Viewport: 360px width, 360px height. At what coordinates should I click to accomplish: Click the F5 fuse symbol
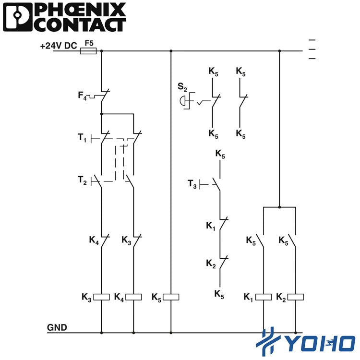[88, 51]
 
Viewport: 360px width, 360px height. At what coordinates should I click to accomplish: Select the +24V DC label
[59, 46]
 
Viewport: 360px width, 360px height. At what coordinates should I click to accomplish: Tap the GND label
[57, 327]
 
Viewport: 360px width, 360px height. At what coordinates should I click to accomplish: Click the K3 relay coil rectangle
[101, 297]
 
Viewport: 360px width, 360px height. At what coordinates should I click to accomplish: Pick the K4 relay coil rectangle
[133, 297]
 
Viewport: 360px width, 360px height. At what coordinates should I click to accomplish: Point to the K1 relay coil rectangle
[264, 297]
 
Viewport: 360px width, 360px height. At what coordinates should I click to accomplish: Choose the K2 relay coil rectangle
[296, 297]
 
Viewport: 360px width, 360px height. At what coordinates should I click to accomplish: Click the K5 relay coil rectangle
[171, 297]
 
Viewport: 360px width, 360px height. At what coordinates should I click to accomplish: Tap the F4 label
[82, 96]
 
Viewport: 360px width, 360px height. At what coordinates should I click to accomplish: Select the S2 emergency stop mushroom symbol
[182, 101]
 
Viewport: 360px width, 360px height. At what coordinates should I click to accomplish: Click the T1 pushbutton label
[82, 138]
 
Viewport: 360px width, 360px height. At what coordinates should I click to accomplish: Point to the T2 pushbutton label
[82, 180]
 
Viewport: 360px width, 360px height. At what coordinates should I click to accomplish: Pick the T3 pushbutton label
[192, 184]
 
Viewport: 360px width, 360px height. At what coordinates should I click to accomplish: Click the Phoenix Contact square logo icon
[17, 17]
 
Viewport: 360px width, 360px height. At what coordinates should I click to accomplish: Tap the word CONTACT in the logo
[81, 25]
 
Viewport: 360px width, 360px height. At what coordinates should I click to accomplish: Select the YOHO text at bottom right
[321, 344]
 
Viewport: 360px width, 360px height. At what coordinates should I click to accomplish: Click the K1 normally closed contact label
[211, 226]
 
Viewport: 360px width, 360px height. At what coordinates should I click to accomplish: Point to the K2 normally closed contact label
[211, 264]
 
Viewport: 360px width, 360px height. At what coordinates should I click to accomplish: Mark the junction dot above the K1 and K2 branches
[279, 207]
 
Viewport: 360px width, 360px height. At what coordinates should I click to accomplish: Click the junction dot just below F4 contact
[101, 114]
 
